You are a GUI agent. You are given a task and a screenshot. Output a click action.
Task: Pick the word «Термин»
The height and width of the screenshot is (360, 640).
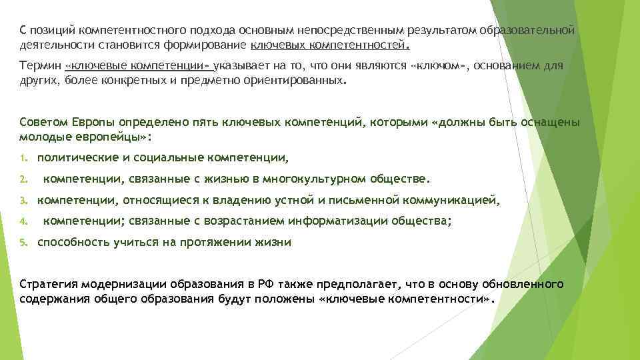point(41,66)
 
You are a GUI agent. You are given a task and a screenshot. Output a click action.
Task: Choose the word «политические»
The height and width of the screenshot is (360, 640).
point(75,158)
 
